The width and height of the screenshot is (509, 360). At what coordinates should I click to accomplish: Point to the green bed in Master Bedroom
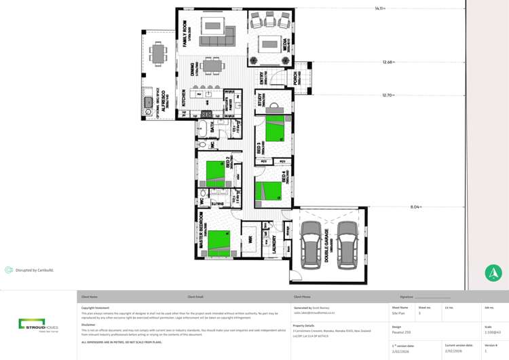coord(219,242)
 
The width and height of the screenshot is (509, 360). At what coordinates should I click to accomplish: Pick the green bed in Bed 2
coord(216,172)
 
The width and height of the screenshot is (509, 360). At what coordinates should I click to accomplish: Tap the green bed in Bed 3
coord(276,128)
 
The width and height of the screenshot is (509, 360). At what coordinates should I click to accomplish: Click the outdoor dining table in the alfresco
coord(159,53)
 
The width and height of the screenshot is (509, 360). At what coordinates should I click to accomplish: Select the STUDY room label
coord(261,100)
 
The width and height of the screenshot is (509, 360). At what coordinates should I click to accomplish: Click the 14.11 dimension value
coord(379,9)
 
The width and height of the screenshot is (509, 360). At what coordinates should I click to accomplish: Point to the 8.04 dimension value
coord(415,206)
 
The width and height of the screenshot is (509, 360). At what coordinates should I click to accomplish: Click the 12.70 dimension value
coord(388,95)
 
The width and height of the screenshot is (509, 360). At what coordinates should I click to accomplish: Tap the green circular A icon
coord(493,273)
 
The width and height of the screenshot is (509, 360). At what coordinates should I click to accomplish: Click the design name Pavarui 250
coord(401,331)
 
